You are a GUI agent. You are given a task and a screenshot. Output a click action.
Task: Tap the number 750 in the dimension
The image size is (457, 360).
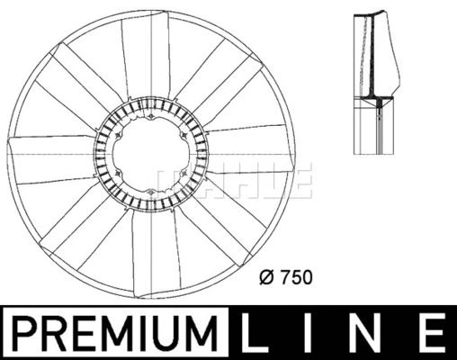[295, 279]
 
